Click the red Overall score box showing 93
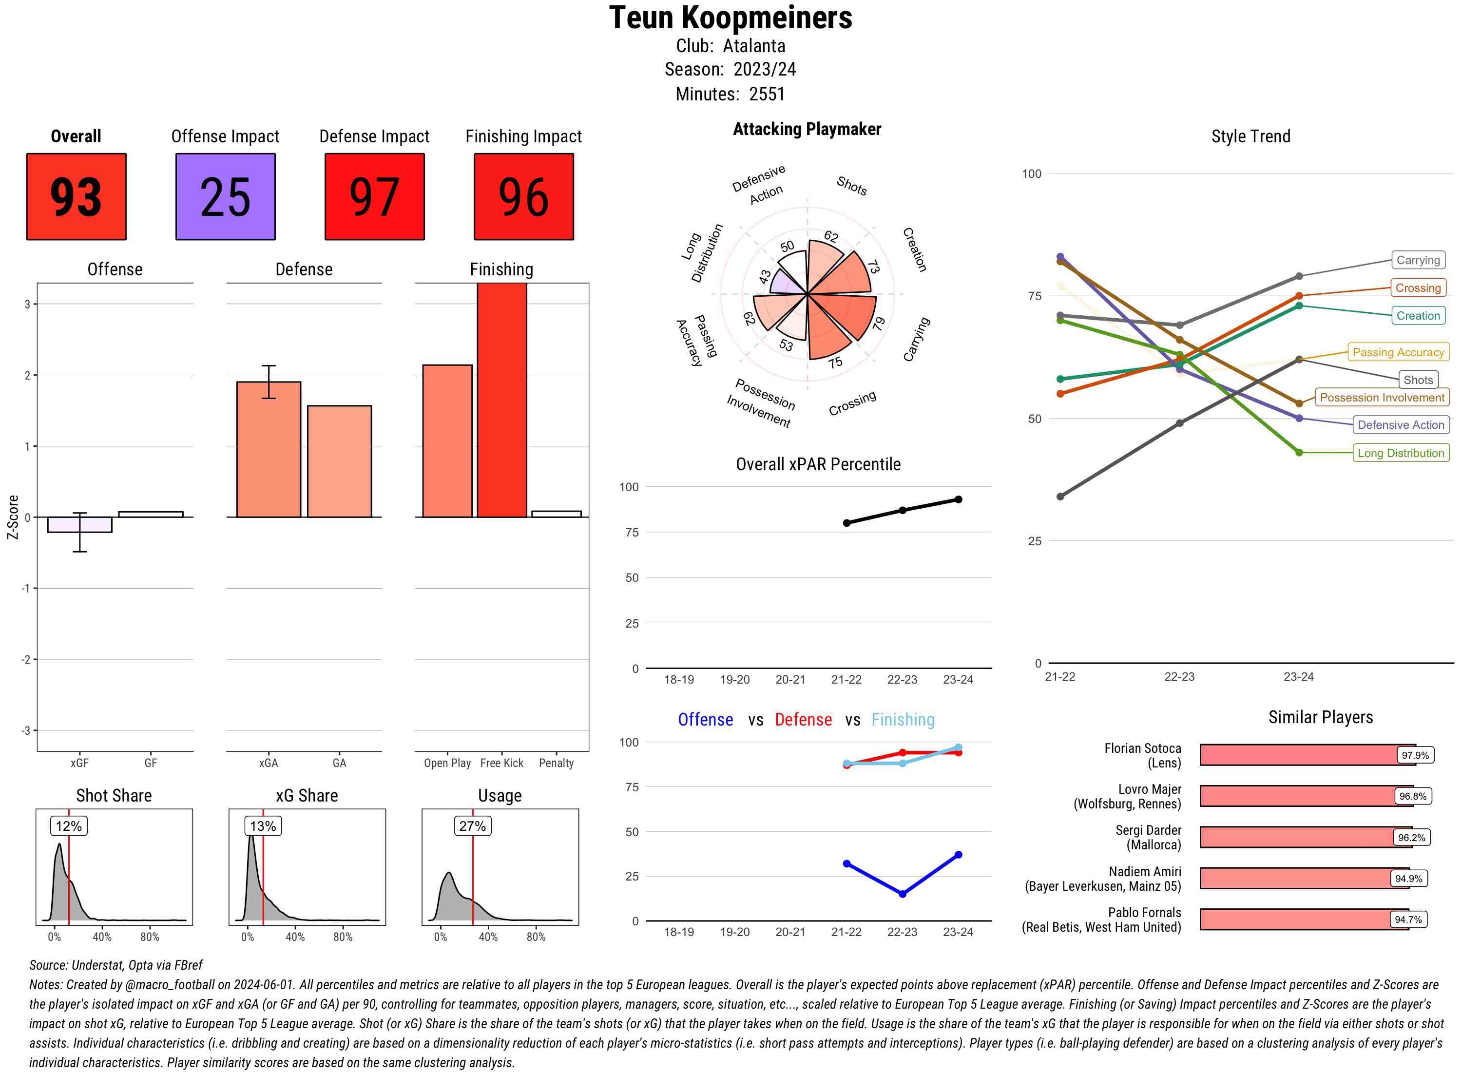pyautogui.click(x=76, y=197)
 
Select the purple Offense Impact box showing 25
pyautogui.click(x=225, y=197)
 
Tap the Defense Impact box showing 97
pyautogui.click(x=374, y=197)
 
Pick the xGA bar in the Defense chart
pyautogui.click(x=269, y=450)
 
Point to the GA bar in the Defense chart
pyautogui.click(x=339, y=461)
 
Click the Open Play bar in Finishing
pyautogui.click(x=447, y=441)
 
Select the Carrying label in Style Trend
pyautogui.click(x=1417, y=260)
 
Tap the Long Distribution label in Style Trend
pyautogui.click(x=1401, y=453)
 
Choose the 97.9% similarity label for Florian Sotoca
pyautogui.click(x=1415, y=755)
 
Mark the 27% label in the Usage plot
pyautogui.click(x=472, y=826)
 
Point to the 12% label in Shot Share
pyautogui.click(x=69, y=826)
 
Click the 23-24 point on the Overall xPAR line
pyautogui.click(x=959, y=499)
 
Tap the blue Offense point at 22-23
pyautogui.click(x=903, y=894)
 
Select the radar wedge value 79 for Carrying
pyautogui.click(x=879, y=323)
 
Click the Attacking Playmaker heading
pyautogui.click(x=807, y=129)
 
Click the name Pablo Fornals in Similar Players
pyautogui.click(x=1144, y=912)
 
